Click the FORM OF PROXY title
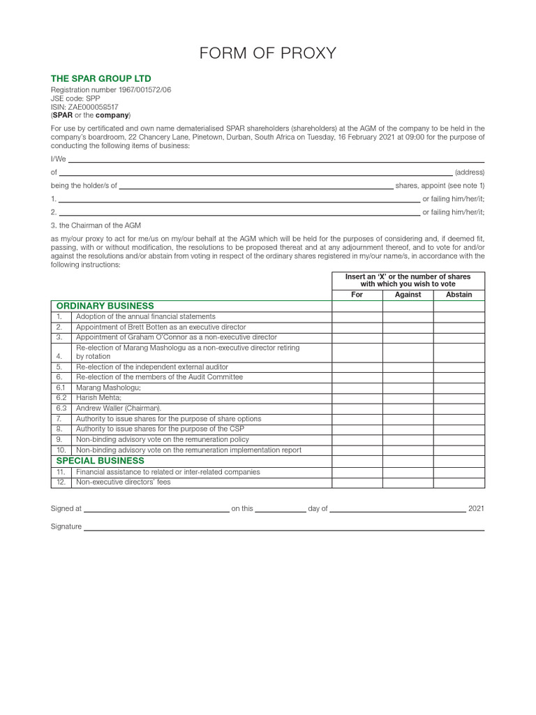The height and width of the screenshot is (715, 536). click(268, 53)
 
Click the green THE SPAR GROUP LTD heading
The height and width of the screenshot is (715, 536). click(100, 79)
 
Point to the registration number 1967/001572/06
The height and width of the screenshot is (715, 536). click(111, 90)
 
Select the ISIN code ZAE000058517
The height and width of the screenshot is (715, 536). click(84, 107)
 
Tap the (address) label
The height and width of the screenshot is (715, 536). click(469, 172)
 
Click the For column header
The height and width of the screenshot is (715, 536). click(357, 295)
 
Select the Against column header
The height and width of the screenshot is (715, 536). click(408, 295)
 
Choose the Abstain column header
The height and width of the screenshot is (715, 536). click(459, 295)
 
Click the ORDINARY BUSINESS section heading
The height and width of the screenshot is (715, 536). click(105, 306)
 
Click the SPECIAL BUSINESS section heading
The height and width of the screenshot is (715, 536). click(100, 461)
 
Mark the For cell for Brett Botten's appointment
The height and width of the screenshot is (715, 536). click(357, 327)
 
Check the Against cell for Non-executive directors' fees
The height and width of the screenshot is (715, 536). click(408, 482)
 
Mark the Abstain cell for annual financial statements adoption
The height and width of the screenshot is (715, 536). click(459, 316)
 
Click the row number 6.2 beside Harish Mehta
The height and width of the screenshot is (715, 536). click(61, 398)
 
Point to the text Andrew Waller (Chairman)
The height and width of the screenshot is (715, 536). click(119, 408)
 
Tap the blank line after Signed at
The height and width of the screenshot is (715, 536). click(156, 509)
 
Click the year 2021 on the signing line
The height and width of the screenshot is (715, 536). click(476, 509)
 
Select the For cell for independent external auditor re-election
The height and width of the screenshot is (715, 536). click(357, 367)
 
